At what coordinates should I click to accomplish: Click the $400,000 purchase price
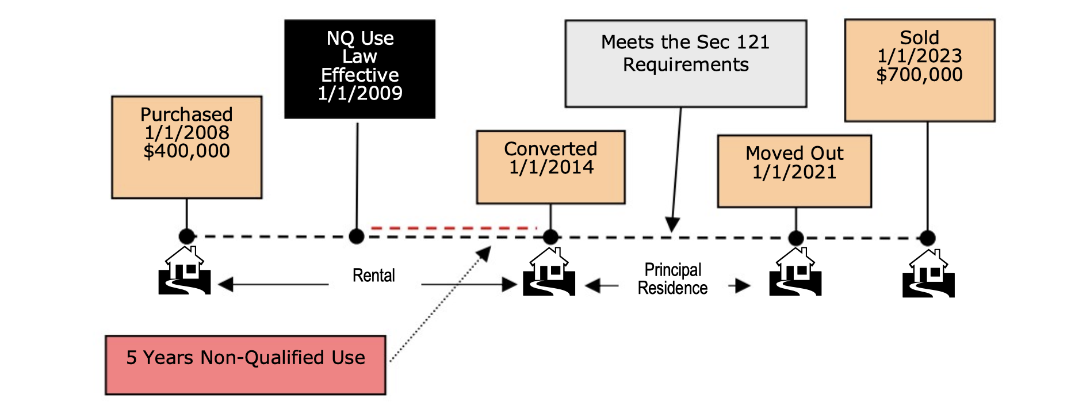[186, 151]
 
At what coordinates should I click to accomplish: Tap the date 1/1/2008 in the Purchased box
[186, 133]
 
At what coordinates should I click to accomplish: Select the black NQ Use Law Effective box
[359, 69]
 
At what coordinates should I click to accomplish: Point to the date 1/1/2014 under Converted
[551, 167]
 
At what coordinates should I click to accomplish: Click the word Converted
[550, 149]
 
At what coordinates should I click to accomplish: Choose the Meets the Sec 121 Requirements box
[686, 63]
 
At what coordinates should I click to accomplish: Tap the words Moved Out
[794, 154]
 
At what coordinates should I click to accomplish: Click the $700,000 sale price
[919, 75]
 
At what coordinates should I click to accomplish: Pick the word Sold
[919, 38]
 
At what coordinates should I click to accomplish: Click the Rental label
[373, 276]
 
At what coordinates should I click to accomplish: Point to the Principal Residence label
[672, 279]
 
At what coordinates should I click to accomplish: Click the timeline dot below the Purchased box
[186, 236]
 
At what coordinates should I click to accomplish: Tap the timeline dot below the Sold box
[927, 238]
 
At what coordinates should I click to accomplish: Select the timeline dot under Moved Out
[795, 238]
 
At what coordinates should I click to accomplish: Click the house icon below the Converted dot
[549, 271]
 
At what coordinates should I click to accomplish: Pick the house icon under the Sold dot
[928, 273]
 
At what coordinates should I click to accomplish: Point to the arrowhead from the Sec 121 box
[672, 225]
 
